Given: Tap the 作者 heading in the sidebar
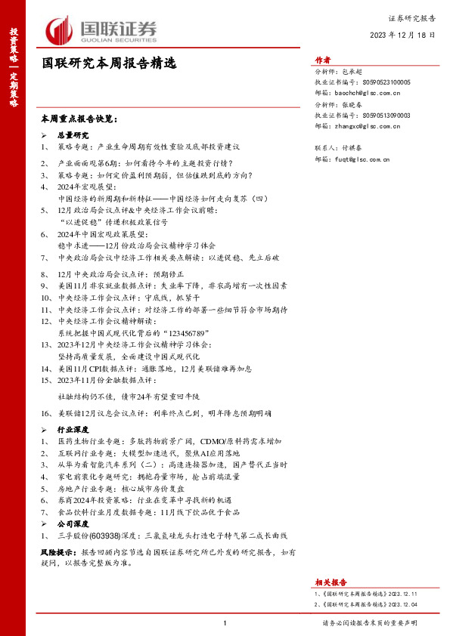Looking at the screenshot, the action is pos(324,61).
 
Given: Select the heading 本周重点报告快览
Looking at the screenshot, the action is pos(79,119).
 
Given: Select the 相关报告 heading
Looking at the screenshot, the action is pos(330,582).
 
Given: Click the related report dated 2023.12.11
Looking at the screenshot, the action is pos(362,595).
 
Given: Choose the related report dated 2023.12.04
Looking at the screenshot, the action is pos(362,604).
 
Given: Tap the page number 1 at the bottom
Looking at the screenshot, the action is pos(225,623).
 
